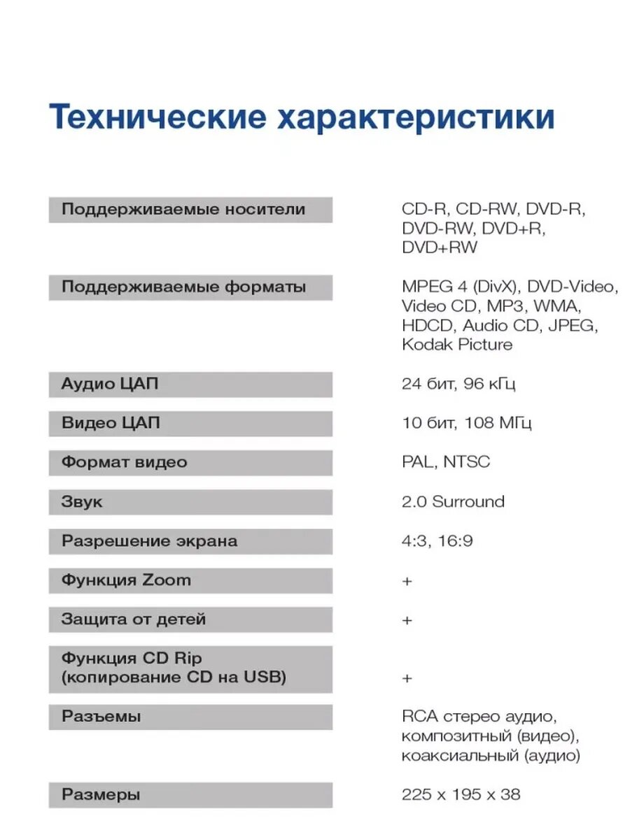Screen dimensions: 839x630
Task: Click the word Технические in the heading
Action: coord(157,117)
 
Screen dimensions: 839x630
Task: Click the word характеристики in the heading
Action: coord(416,117)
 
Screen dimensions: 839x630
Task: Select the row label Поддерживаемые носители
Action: coord(183,209)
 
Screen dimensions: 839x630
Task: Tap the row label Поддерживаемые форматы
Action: coord(183,287)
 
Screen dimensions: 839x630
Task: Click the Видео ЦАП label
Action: coord(111,423)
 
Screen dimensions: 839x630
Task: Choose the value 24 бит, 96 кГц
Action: coord(458,384)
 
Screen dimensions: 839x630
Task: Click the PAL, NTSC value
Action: coord(446,462)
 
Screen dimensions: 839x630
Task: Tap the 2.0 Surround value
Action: coord(453,501)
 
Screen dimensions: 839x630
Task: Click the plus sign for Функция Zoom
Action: coord(407,581)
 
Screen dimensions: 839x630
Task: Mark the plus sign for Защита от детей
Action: coord(407,620)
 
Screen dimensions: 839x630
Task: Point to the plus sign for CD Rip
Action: coord(407,678)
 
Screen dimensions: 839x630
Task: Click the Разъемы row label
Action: coord(101,717)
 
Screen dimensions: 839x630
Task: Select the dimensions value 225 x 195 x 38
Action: coord(461,795)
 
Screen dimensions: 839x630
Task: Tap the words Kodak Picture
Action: coord(456,344)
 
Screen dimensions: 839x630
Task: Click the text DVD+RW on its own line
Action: coord(440,248)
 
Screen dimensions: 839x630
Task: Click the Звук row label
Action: coord(81,501)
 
